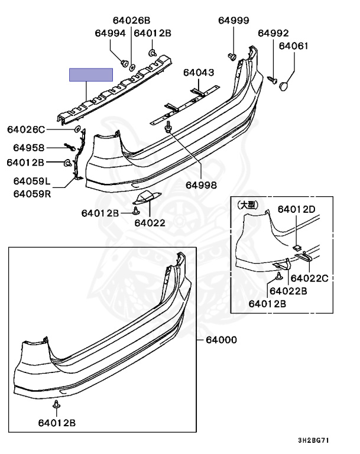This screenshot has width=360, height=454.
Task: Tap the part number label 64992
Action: coord(273,33)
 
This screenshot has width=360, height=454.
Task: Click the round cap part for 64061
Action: coord(284,87)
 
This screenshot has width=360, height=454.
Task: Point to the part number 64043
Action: coord(198,73)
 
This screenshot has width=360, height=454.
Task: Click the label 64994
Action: coord(110,34)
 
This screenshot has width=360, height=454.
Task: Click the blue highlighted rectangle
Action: coord(91,74)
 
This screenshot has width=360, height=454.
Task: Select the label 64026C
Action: coord(25,129)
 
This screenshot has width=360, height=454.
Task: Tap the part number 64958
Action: coord(25,147)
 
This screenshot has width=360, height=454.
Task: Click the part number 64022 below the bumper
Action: coord(150,223)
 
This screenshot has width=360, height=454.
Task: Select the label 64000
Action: coord(221,340)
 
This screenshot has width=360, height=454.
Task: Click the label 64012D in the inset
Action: coord(296,209)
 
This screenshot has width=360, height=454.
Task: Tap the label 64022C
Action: coord(309,278)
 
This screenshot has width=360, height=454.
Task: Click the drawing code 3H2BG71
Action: coord(315,441)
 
